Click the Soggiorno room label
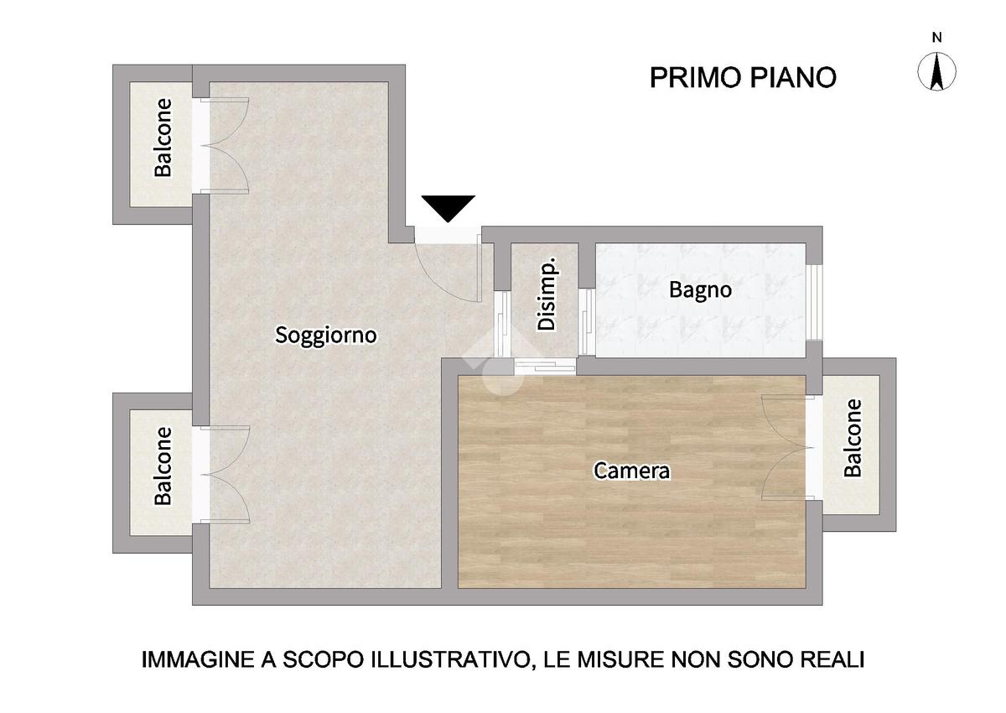pyautogui.click(x=325, y=336)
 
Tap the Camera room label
pyautogui.click(x=631, y=471)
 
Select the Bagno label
pyautogui.click(x=700, y=289)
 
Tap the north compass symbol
pyautogui.click(x=936, y=71)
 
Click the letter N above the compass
pyautogui.click(x=937, y=38)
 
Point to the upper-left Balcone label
pyautogui.click(x=163, y=138)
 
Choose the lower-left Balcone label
pyautogui.click(x=163, y=466)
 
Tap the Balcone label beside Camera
pyautogui.click(x=853, y=438)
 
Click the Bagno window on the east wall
pyautogui.click(x=814, y=303)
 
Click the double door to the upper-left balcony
pyautogui.click(x=222, y=146)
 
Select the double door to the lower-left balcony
pyautogui.click(x=222, y=475)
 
